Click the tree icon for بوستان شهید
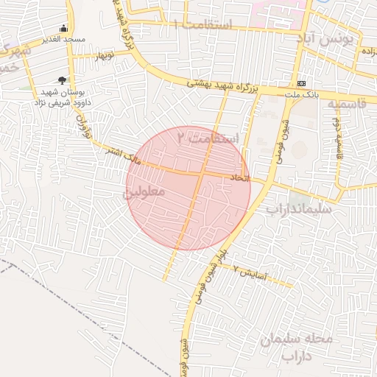pyautogui.click(x=62, y=80)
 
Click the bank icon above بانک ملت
pyautogui.click(x=301, y=84)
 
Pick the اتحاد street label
pyautogui.click(x=241, y=178)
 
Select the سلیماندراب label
pyautogui.click(x=300, y=209)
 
